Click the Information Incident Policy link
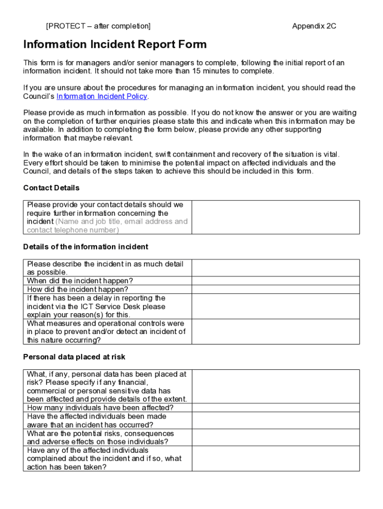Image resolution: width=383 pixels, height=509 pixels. point(102,96)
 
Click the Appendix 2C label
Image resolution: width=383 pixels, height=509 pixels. point(314,26)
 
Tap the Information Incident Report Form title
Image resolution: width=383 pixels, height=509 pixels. point(115,45)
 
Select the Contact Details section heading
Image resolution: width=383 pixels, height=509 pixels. point(51,188)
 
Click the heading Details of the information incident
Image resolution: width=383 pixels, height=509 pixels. point(86,247)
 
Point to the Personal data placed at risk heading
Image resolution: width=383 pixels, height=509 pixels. point(74,356)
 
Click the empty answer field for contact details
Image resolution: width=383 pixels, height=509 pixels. point(275,217)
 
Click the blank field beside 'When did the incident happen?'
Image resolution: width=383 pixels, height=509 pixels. point(275,281)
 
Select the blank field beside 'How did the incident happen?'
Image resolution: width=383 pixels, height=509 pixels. point(275,289)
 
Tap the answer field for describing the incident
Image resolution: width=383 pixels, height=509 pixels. point(275,268)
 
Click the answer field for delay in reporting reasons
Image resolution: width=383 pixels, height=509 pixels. point(275,306)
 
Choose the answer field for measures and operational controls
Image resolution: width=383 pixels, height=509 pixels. point(275,332)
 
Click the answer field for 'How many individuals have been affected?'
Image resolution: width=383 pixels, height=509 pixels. point(275,408)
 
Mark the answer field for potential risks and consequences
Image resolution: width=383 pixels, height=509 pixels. point(275,437)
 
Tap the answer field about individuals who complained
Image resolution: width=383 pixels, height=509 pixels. point(275,458)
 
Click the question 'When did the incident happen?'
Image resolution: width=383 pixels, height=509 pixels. point(80,281)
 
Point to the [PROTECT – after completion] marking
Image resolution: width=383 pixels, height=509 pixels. point(98,26)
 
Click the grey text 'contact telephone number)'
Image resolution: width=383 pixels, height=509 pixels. point(73,230)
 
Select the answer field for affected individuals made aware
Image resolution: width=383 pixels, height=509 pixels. point(275,421)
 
